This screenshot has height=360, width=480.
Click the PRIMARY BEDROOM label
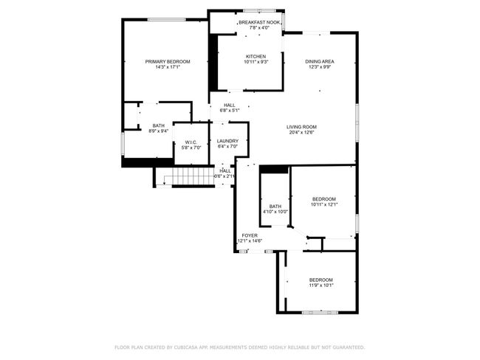coord(168,61)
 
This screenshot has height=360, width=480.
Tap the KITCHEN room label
coord(256,57)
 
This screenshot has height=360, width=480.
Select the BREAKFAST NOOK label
coord(259,22)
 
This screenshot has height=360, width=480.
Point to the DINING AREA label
coord(320,61)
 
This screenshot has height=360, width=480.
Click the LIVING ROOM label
coord(301,127)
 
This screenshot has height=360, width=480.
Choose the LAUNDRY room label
coord(227,141)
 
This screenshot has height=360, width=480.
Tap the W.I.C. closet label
coord(191,142)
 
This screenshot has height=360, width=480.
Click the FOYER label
coord(250,235)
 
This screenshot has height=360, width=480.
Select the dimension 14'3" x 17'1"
coord(168,66)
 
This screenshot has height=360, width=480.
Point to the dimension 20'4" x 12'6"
coord(301,133)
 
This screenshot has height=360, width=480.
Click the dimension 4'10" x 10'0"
coord(275,212)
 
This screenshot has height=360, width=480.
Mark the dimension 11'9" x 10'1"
coord(320,285)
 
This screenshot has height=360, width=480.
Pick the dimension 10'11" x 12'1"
coord(324,204)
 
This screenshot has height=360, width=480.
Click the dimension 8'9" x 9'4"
coord(159,131)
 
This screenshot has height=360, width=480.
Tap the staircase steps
coord(192,176)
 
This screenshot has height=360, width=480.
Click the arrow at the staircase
coord(165,181)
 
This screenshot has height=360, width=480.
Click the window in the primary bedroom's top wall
coord(167,20)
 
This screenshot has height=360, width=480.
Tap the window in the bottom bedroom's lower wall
coord(320,312)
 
